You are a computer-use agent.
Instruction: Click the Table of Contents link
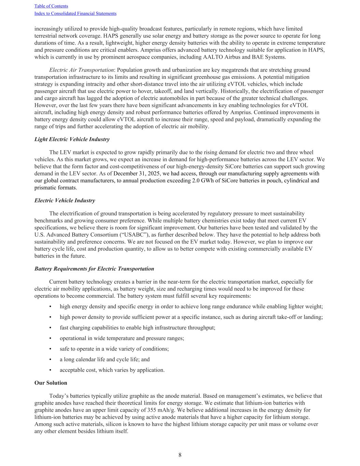(51, 6)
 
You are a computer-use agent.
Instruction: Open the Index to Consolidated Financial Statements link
(75, 14)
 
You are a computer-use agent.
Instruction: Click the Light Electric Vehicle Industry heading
(72, 139)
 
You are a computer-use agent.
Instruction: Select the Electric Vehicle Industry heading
(65, 200)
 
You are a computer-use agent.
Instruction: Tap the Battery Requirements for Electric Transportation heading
(94, 269)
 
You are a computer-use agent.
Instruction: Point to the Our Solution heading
(51, 383)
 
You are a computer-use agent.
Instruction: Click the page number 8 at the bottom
(180, 455)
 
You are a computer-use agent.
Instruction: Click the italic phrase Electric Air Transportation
(81, 70)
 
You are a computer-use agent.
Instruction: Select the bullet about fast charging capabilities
(137, 328)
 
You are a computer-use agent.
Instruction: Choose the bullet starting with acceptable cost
(112, 370)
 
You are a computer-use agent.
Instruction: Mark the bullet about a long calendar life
(104, 359)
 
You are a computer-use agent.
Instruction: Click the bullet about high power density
(191, 317)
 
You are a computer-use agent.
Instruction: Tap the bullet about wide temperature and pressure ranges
(121, 338)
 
